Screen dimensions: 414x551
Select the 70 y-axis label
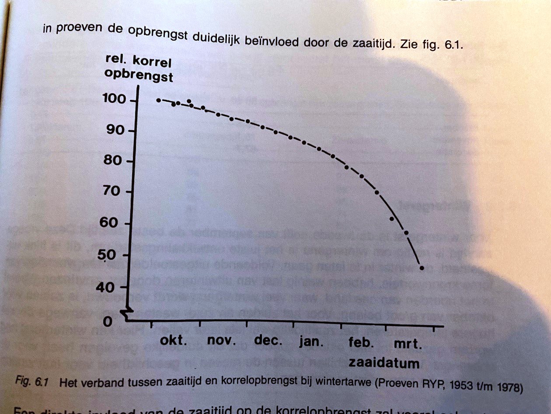pos(112,192)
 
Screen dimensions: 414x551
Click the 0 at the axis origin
pos(108,322)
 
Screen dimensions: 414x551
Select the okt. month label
pos(174,341)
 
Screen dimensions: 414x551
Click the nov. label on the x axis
pos(221,341)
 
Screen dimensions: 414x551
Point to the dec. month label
pos(268,341)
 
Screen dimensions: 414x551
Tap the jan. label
pos(311,342)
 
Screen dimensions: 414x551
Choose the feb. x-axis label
pos(361,343)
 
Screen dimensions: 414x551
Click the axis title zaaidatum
pos(384,364)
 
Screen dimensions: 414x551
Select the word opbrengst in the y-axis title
pos(139,75)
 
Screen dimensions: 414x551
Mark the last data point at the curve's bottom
pos(422,268)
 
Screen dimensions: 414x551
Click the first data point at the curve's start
pos(158,100)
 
